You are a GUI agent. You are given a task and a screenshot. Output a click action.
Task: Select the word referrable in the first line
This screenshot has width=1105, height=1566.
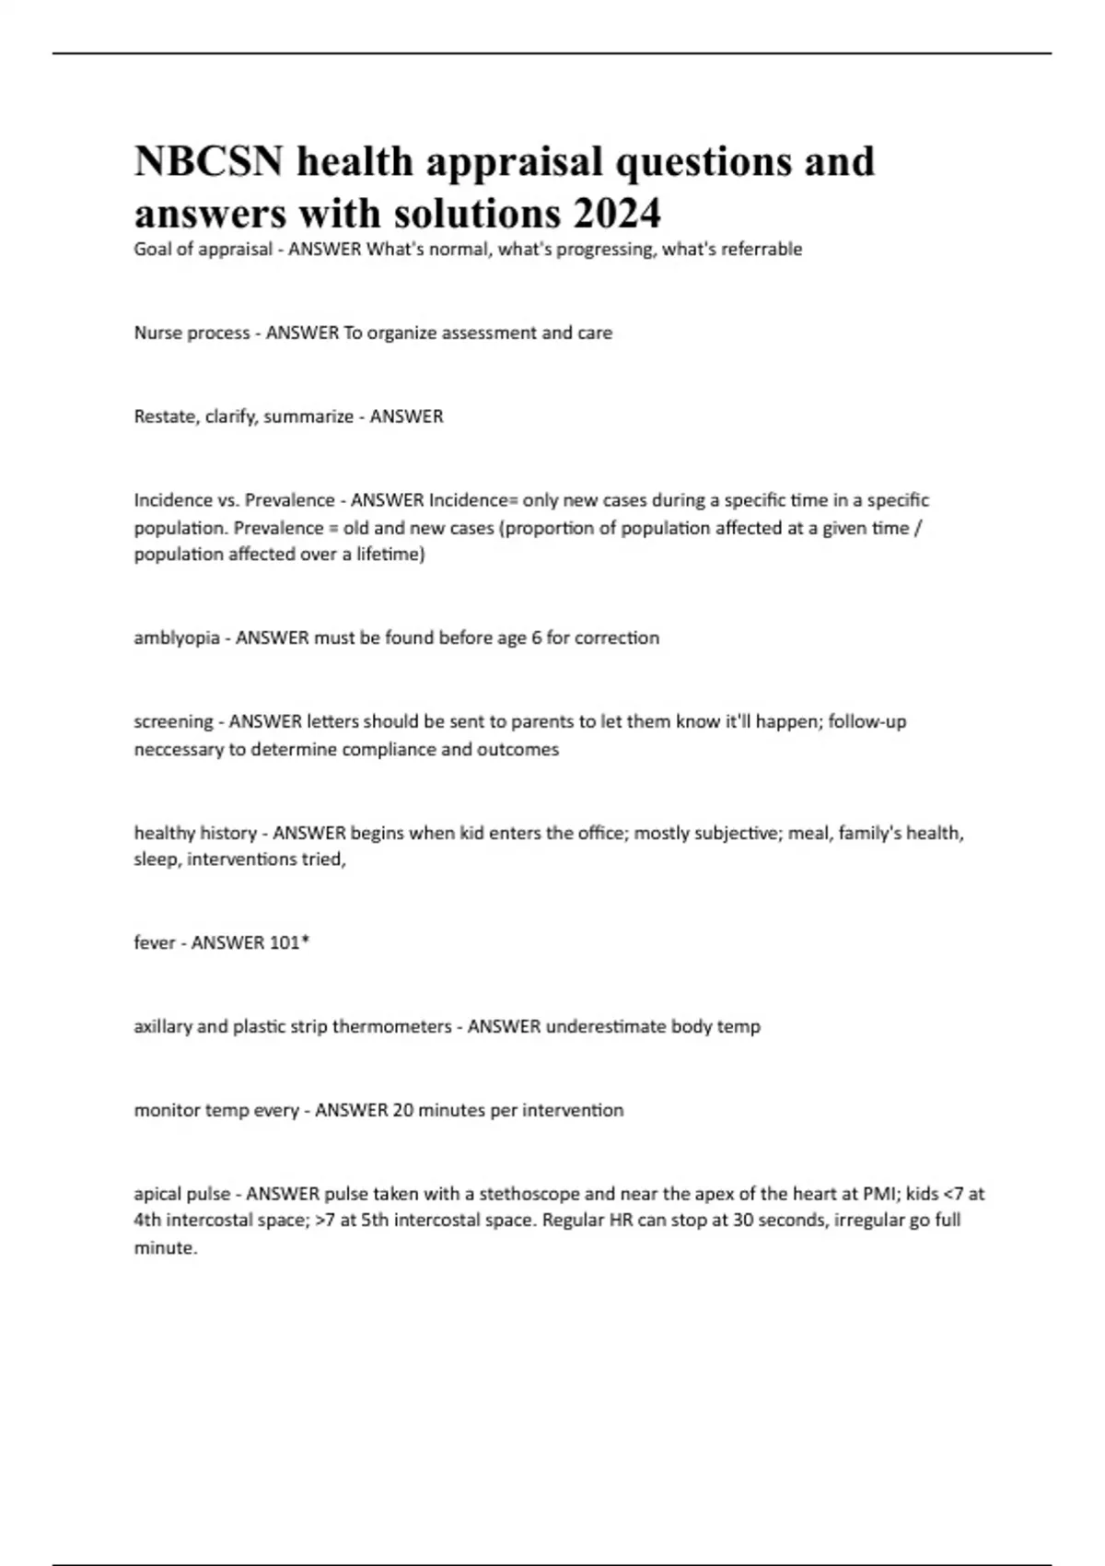[x=762, y=249]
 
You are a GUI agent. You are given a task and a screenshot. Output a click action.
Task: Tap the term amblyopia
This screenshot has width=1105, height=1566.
[x=177, y=637]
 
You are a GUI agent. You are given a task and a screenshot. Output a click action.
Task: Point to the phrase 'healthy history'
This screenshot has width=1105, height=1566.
[x=195, y=833]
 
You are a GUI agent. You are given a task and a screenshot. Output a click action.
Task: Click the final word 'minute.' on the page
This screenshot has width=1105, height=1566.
[x=166, y=1248]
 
